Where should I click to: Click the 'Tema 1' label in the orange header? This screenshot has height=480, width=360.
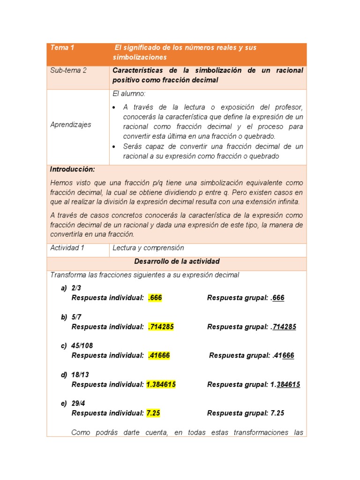[x=62, y=48]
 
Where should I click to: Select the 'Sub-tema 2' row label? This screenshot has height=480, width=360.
[x=68, y=70]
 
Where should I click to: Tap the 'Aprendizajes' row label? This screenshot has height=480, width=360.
[x=71, y=125]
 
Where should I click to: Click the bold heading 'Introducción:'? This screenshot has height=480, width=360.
[x=73, y=169]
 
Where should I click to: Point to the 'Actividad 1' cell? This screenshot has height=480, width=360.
[x=67, y=248]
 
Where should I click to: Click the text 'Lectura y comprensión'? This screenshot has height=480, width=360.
[x=148, y=248]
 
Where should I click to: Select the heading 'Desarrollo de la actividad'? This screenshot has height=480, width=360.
[x=177, y=262]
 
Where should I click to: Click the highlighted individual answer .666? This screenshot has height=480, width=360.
[x=155, y=298]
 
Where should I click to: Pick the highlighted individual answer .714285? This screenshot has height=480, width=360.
[x=161, y=327]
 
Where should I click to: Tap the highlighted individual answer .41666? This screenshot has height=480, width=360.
[x=159, y=355]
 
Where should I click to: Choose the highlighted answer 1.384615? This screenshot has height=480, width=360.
[x=161, y=384]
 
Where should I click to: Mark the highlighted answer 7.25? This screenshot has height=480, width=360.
[x=153, y=413]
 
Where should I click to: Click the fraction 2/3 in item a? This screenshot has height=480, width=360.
[x=76, y=288]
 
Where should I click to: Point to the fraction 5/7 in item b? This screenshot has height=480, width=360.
[x=76, y=317]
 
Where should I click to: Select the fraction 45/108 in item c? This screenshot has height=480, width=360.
[x=82, y=346]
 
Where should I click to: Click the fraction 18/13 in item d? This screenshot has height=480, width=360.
[x=80, y=375]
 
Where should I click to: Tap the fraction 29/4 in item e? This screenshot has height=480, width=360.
[x=78, y=404]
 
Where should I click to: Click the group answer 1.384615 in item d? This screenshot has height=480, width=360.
[x=285, y=384]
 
